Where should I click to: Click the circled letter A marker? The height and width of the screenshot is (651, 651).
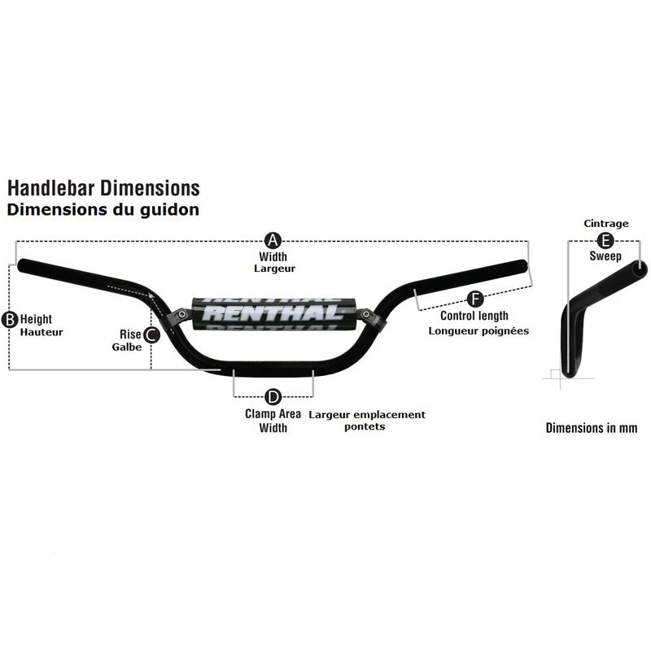(273, 240)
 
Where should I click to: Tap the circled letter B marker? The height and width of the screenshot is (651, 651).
(10, 320)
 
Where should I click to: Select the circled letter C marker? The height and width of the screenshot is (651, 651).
(151, 334)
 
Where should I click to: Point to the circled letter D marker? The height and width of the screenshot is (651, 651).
(273, 397)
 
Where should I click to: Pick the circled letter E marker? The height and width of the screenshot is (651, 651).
(605, 241)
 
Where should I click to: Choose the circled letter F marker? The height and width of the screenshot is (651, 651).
(475, 299)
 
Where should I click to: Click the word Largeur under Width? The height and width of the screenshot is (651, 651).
(274, 269)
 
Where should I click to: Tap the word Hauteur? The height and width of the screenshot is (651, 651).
(42, 332)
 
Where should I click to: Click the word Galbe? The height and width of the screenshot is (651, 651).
(127, 347)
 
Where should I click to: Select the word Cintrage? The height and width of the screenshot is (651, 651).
(605, 224)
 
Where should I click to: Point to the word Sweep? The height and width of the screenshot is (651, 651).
(605, 256)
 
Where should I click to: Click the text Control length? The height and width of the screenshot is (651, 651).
(474, 316)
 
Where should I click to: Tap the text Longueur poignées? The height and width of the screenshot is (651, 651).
(478, 331)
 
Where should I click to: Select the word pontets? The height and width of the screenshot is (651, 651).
(365, 426)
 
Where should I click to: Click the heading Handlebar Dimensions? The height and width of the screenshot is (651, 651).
(103, 188)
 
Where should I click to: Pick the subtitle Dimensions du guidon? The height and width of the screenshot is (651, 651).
(103, 210)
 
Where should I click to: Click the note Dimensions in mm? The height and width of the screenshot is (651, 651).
(592, 428)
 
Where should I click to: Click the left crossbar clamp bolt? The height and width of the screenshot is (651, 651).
(181, 314)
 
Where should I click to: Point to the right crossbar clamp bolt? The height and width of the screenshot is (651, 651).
(365, 314)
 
